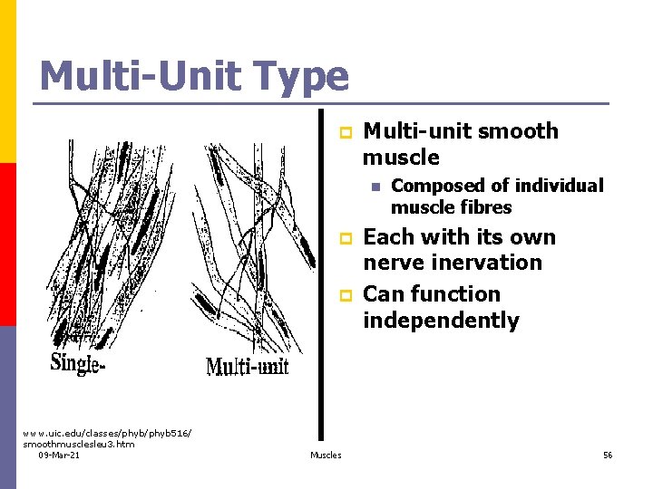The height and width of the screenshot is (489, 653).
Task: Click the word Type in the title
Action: (x=296, y=76)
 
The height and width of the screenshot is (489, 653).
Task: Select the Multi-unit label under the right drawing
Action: (x=248, y=367)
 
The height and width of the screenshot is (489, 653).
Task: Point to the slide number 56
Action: (x=608, y=455)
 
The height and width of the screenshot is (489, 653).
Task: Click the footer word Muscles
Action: (x=326, y=455)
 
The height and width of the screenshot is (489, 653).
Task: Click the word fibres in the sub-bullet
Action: (x=489, y=207)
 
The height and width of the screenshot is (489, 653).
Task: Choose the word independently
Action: (x=441, y=321)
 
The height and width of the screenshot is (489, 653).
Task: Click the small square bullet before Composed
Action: (x=374, y=187)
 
